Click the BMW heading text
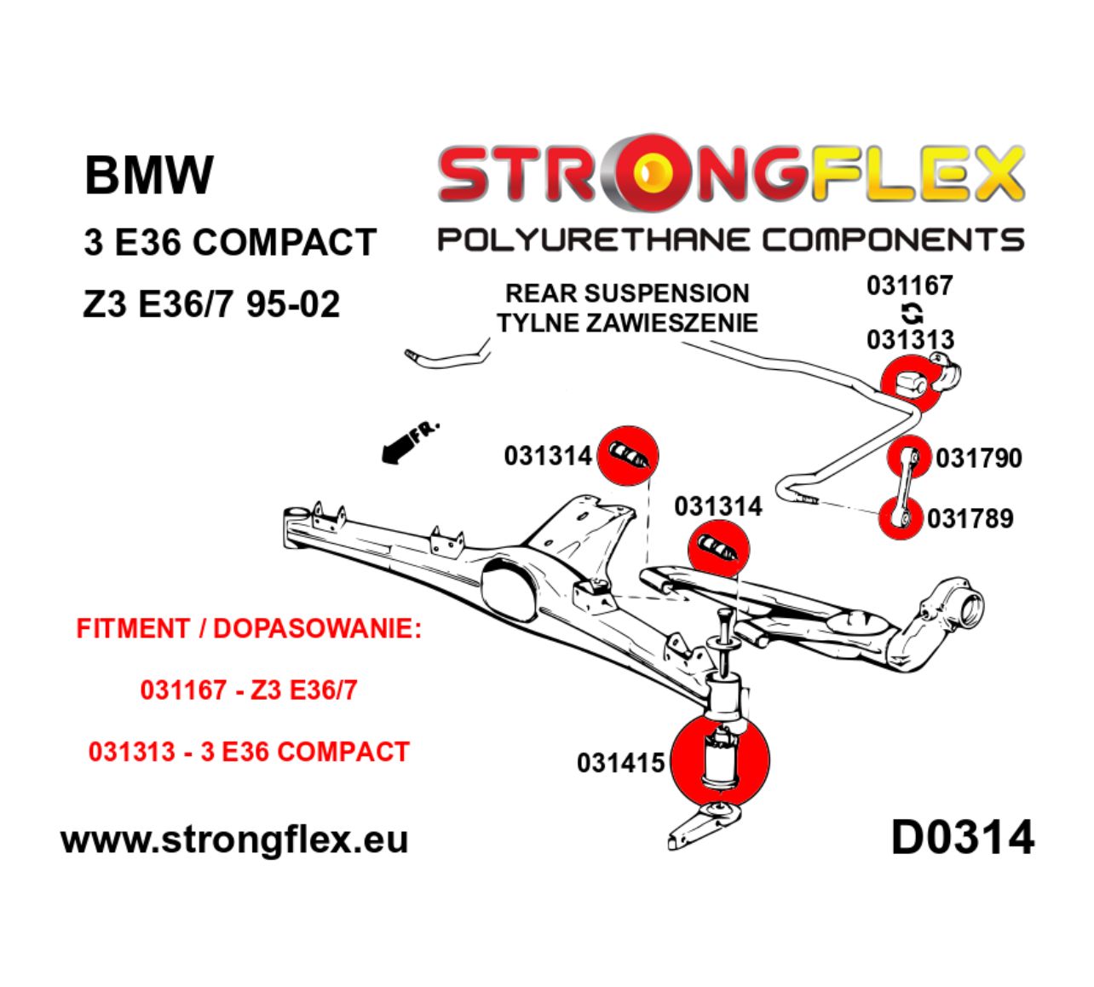click(x=148, y=175)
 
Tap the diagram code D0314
click(x=962, y=837)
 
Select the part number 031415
click(x=620, y=762)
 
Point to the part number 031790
click(x=978, y=459)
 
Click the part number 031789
click(x=970, y=518)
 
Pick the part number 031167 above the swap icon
click(x=909, y=286)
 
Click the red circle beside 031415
click(x=720, y=761)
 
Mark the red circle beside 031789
click(x=900, y=517)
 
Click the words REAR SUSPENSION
click(x=627, y=293)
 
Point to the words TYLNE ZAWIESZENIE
click(x=627, y=323)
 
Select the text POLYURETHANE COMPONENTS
click(x=730, y=240)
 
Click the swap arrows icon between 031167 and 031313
click(x=911, y=312)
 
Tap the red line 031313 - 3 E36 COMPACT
click(x=249, y=752)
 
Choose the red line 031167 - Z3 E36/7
click(x=249, y=690)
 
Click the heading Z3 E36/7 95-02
click(x=211, y=304)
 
